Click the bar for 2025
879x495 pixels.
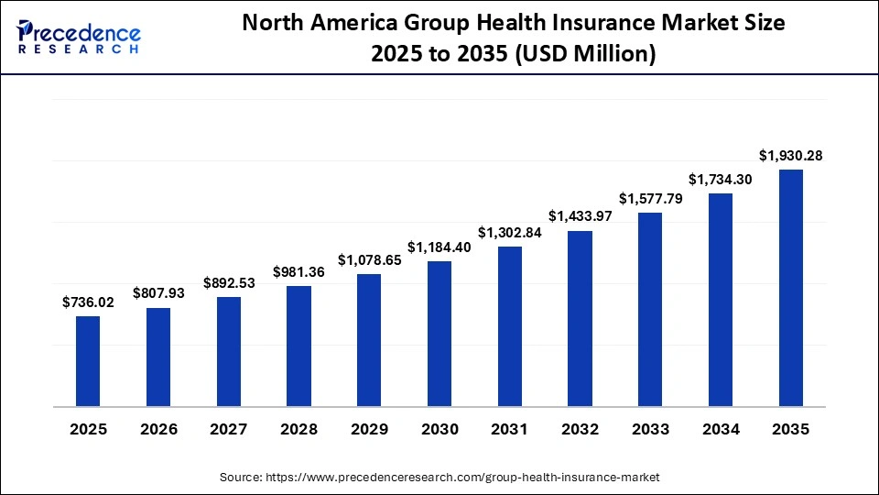point(88,361)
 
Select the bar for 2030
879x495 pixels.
point(439,334)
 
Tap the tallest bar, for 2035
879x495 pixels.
point(791,288)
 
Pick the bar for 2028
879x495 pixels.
point(298,346)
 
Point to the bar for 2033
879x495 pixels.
point(650,309)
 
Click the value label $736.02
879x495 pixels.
point(88,302)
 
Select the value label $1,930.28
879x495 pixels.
point(791,156)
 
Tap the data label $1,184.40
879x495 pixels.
point(439,247)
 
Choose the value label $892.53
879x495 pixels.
point(228,283)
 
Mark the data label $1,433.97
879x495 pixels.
point(580,216)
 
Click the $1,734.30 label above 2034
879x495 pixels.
point(721,180)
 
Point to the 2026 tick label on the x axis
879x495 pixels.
point(158,429)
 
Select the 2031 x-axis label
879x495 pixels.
point(510,429)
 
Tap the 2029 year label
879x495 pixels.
point(369,429)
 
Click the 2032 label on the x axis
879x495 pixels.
point(580,429)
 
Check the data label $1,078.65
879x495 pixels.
point(369,259)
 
